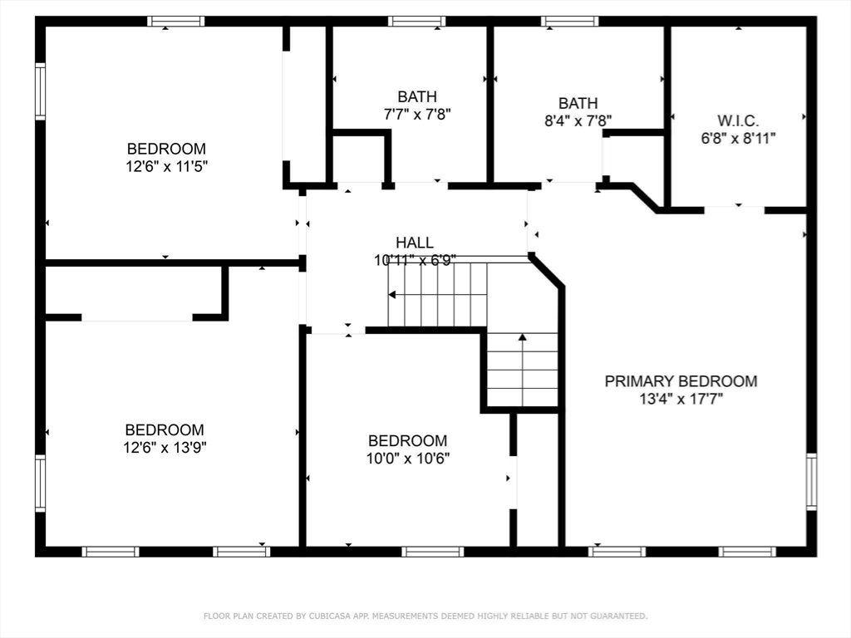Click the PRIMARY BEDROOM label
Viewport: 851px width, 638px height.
click(x=681, y=381)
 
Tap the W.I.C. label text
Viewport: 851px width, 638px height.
click(x=738, y=120)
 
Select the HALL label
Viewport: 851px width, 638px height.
click(x=414, y=243)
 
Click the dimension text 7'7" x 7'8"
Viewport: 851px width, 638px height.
click(x=416, y=114)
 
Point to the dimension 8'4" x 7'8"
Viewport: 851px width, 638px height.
click(x=578, y=120)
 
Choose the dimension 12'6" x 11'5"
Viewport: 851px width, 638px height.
click(x=166, y=165)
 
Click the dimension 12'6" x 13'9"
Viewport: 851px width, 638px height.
click(x=165, y=447)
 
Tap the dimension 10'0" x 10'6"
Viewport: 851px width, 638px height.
click(x=408, y=458)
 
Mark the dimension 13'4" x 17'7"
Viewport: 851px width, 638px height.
click(x=681, y=399)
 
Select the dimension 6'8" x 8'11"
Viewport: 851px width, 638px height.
click(x=738, y=139)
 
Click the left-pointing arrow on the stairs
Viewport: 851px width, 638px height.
click(x=392, y=294)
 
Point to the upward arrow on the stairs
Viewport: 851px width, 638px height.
click(x=522, y=338)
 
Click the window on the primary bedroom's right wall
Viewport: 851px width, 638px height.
click(x=811, y=481)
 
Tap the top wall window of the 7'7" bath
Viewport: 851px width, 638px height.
click(x=416, y=22)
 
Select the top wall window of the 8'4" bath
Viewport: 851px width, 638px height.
click(x=569, y=22)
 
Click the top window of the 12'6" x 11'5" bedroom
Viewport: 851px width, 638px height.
click(x=176, y=22)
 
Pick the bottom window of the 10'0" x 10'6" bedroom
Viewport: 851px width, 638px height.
click(x=432, y=551)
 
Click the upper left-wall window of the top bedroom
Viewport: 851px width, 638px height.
click(x=40, y=91)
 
